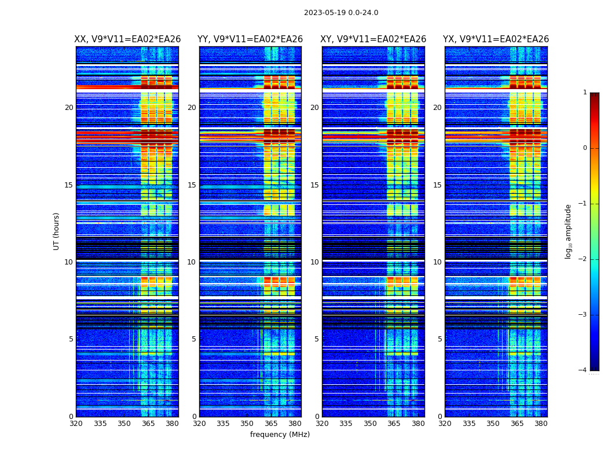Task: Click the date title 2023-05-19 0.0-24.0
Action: pyautogui.click(x=341, y=13)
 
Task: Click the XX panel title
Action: pyautogui.click(x=127, y=39)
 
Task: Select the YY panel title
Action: pyautogui.click(x=250, y=39)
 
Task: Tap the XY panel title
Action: pyautogui.click(x=373, y=39)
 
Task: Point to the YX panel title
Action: pyautogui.click(x=496, y=39)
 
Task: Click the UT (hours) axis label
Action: pyautogui.click(x=57, y=231)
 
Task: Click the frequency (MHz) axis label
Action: pyautogui.click(x=280, y=435)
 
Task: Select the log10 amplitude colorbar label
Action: pyautogui.click(x=569, y=231)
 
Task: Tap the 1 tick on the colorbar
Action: pyautogui.click(x=585, y=93)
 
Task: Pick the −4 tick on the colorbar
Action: pyautogui.click(x=583, y=370)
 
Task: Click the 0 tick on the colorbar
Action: pyautogui.click(x=585, y=148)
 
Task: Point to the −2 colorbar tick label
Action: pyautogui.click(x=583, y=259)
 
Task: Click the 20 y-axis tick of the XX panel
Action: pyautogui.click(x=69, y=108)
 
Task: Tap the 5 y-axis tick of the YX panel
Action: pyautogui.click(x=440, y=339)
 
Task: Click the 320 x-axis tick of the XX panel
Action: pyautogui.click(x=76, y=424)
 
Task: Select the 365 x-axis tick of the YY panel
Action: pyautogui.click(x=271, y=424)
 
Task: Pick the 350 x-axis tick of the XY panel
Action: pyautogui.click(x=370, y=424)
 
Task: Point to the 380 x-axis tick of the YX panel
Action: pyautogui.click(x=541, y=424)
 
